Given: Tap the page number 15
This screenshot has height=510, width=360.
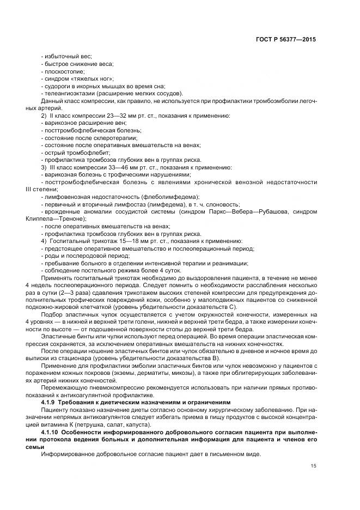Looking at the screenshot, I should tap(313, 465).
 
